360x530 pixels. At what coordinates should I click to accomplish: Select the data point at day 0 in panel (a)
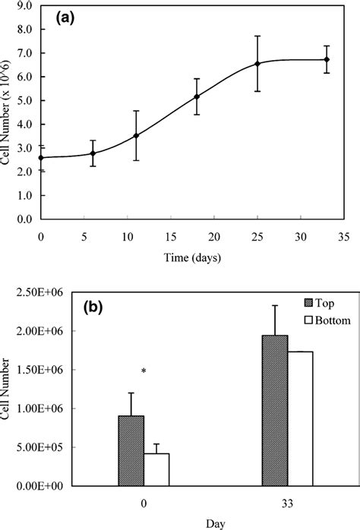pyautogui.click(x=41, y=157)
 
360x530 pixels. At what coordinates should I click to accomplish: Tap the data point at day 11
pyautogui.click(x=136, y=135)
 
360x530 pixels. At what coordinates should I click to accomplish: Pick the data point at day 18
pyautogui.click(x=197, y=96)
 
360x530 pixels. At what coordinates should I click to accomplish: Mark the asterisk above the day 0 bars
pyautogui.click(x=143, y=371)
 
